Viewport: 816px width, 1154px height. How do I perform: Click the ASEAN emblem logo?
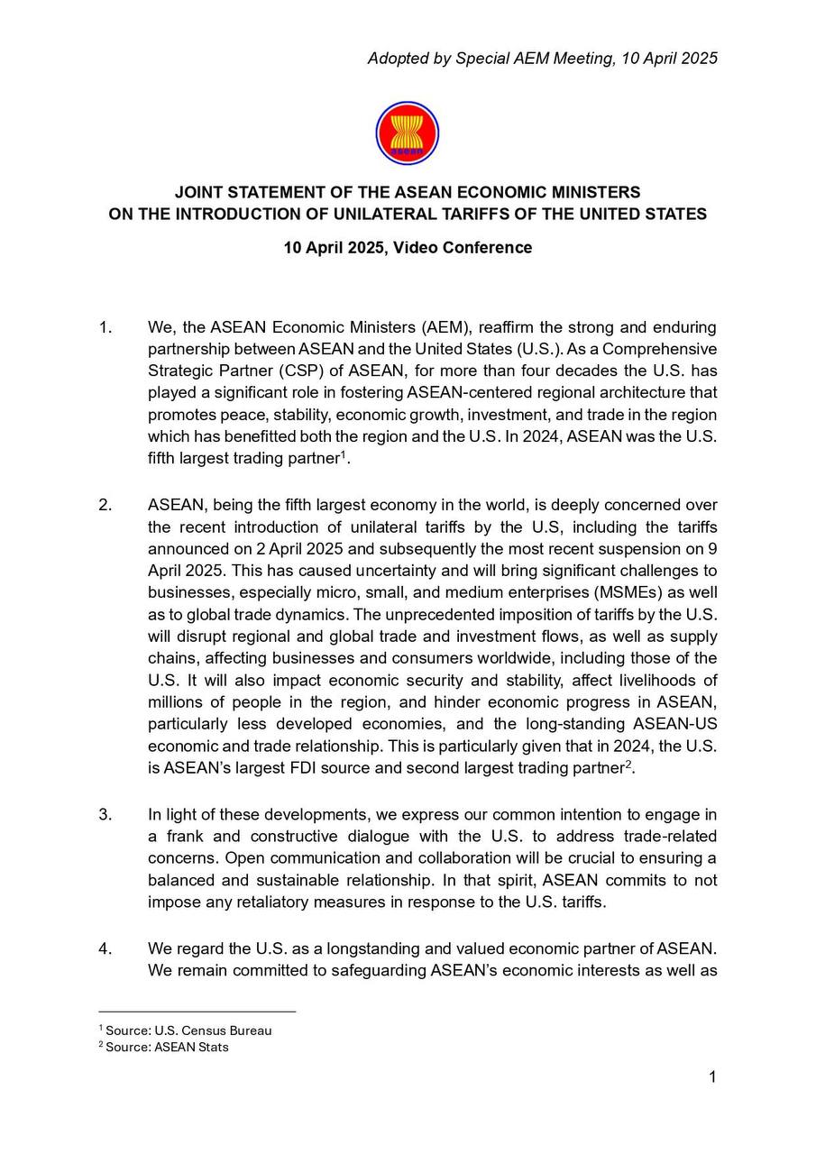tap(407, 133)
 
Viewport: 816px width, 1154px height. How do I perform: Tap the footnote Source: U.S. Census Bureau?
tap(188, 1030)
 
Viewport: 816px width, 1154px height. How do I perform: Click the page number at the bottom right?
tap(712, 1077)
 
